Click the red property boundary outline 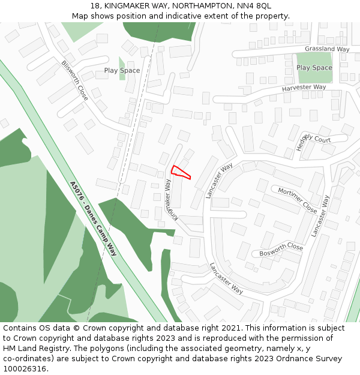[181, 172]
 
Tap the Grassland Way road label [327, 49]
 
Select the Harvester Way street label [304, 88]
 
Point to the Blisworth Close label [74, 80]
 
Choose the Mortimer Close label [297, 200]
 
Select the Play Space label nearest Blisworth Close [122, 71]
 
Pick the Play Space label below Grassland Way [314, 68]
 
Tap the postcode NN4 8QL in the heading [254, 6]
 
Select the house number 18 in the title [95, 6]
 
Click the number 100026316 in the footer [25, 369]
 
